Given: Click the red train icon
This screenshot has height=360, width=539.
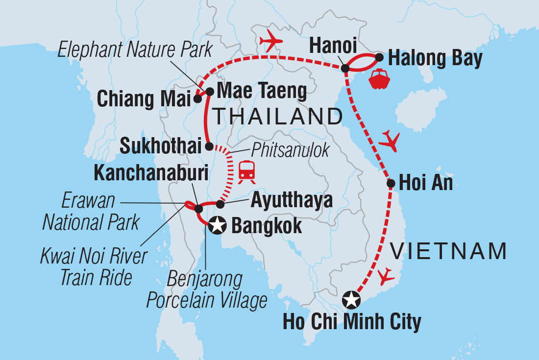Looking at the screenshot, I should (246, 171).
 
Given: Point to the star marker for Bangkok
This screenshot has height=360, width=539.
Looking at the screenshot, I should (217, 226).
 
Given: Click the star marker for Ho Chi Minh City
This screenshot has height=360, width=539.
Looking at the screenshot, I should (350, 300).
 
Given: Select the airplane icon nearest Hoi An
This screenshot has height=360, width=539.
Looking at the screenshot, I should (390, 142).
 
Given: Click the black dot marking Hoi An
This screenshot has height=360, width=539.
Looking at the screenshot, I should (391, 184).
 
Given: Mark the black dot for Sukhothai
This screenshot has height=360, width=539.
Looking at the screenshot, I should (209, 146).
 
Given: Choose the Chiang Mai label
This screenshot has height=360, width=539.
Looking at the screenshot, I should (143, 99).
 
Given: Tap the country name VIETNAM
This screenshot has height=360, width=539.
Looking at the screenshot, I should (447, 251).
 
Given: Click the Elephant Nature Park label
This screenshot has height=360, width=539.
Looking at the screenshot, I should (135, 50).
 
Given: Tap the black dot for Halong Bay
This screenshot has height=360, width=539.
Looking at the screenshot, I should (379, 58).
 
